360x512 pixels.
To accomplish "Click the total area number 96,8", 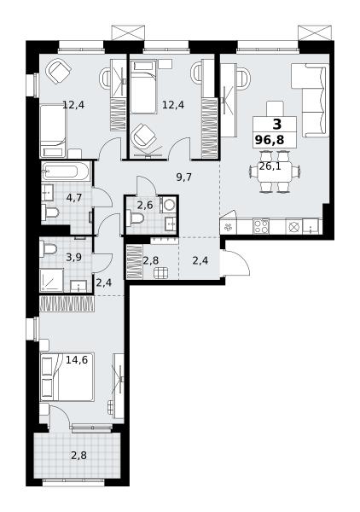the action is (x=270, y=141).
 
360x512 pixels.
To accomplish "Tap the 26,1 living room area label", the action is (x=270, y=166).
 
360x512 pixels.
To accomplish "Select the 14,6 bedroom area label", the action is (x=77, y=360).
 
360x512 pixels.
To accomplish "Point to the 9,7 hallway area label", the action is (x=183, y=177).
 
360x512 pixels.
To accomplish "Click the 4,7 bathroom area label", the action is (x=73, y=198).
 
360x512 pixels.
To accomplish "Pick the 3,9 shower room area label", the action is (x=73, y=258).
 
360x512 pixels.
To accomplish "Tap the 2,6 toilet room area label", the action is (x=144, y=206).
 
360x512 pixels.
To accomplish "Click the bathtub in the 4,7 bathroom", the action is (x=66, y=172).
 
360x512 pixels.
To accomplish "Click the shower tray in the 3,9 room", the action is (x=51, y=280).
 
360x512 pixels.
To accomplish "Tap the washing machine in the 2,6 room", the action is (x=168, y=205).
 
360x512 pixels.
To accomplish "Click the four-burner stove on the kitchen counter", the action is (x=261, y=226).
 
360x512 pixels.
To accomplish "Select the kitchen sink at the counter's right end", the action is (x=311, y=226).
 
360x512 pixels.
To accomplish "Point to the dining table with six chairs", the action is (x=275, y=172).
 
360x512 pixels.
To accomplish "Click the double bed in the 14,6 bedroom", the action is (x=67, y=377).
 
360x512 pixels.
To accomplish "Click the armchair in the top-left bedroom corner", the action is (x=58, y=72).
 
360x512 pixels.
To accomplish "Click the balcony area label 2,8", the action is (x=79, y=455).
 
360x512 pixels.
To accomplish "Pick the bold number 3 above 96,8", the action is (x=276, y=125).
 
